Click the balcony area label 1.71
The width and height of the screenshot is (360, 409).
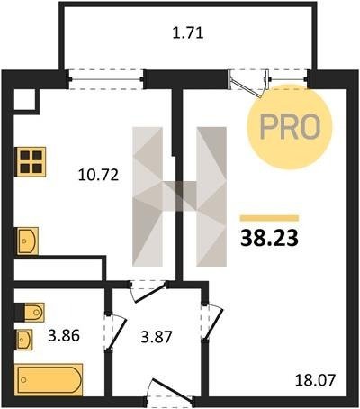(x=188, y=33)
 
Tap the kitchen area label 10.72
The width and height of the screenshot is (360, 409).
(x=98, y=175)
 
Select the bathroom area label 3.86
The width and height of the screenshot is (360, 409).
(x=64, y=335)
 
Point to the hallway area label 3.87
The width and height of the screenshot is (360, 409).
(x=157, y=337)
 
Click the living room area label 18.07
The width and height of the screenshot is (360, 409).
(x=315, y=380)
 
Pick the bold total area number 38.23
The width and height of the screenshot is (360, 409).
(x=269, y=238)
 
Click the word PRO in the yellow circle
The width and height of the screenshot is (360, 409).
(x=290, y=126)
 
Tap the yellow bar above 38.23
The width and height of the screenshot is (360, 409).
(x=269, y=218)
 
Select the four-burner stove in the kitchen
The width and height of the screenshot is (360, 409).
(x=31, y=162)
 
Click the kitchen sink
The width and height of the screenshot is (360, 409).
(x=28, y=241)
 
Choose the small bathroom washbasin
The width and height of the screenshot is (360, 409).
(x=24, y=340)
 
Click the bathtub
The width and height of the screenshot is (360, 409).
(x=49, y=380)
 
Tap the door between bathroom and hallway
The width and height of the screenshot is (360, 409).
(x=115, y=332)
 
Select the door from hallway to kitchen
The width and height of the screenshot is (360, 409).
(x=148, y=291)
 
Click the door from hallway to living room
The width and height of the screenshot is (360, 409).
(x=212, y=322)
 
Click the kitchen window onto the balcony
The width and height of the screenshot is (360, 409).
(x=105, y=79)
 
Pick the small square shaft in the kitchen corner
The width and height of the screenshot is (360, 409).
(x=25, y=100)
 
